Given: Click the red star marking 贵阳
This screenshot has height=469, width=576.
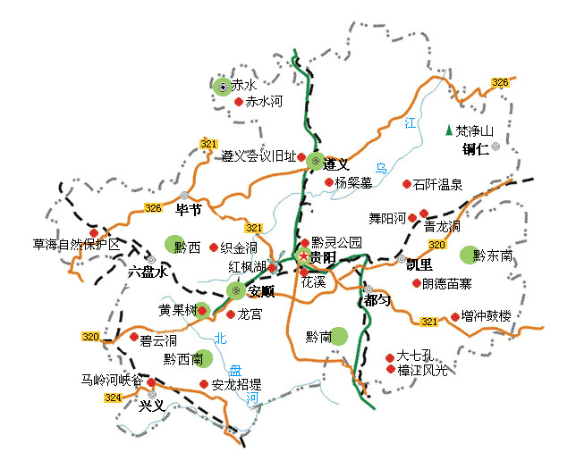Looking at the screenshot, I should pos(303,257).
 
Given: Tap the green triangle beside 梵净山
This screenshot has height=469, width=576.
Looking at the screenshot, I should pos(449,130).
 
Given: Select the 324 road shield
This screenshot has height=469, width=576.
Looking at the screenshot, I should pos(112,398).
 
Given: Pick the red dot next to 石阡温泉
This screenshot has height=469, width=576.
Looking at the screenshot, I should pos(407,184).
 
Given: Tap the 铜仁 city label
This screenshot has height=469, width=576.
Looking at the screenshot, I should pos(476,149).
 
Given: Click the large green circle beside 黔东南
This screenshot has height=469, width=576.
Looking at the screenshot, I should pos(468,255).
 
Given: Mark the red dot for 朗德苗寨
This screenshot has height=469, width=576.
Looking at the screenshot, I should pos(416,283).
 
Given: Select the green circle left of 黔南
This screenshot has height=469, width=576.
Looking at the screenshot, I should pos(337,336).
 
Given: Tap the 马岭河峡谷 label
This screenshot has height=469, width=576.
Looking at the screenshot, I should pos(112,380).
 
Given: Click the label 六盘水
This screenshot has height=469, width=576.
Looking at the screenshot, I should pos(148,272).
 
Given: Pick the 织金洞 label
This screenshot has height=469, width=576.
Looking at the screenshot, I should pos(239,247).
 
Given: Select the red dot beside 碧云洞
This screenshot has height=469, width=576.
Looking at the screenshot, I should pos(134,339).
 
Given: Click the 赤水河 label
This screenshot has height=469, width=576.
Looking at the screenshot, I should pos(264,103).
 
